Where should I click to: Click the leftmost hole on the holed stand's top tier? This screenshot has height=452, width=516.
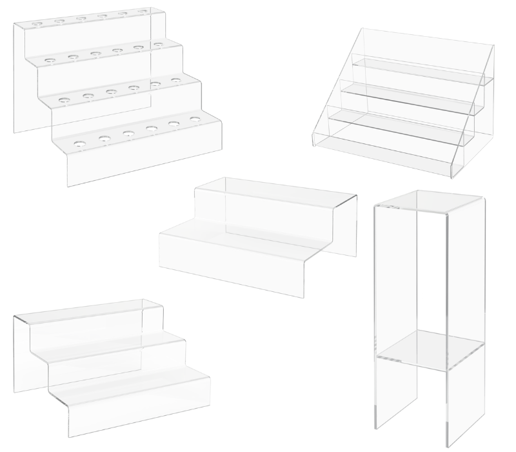coord(36,25)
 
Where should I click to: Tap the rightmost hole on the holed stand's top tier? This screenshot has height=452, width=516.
coord(142,12)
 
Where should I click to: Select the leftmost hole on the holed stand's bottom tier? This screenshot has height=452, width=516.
coord(79,142)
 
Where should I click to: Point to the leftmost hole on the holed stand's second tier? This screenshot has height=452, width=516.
coord(48,61)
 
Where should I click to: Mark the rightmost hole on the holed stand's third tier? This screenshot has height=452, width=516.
coord(175,81)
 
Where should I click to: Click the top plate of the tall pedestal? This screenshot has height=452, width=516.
coord(429,201)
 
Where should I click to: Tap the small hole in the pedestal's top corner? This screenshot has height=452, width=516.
coord(391,207)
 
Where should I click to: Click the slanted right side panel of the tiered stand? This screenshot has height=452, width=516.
coord(474,123)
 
